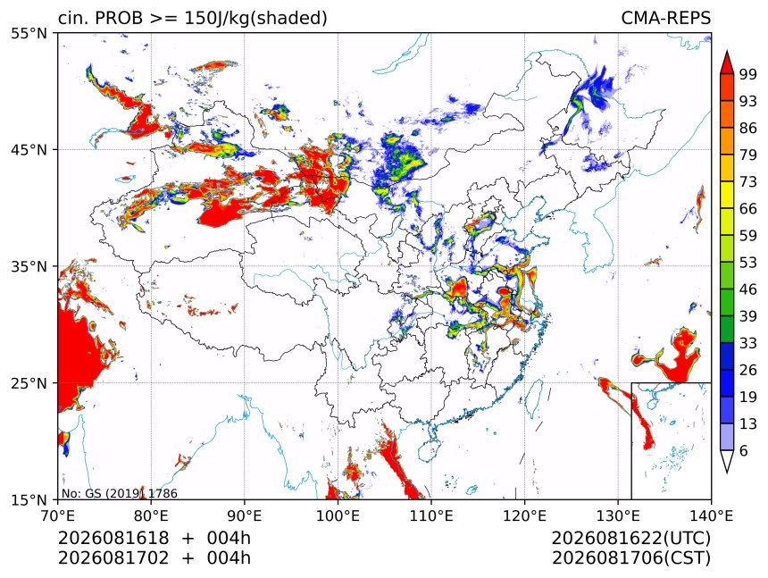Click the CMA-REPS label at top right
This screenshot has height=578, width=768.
tap(665, 18)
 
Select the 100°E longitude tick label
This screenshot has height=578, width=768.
tap(338, 515)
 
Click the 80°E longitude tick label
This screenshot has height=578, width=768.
tap(151, 515)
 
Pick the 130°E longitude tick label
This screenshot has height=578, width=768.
tap(618, 515)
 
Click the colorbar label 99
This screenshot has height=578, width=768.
tap(748, 75)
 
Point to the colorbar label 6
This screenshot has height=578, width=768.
tap(744, 450)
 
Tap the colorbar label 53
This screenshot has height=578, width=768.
tap(748, 263)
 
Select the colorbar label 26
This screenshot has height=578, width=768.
tap(748, 371)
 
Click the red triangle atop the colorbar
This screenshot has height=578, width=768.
tap(727, 63)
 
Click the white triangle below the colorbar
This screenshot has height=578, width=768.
tap(727, 462)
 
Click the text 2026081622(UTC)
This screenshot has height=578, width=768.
tap(630, 539)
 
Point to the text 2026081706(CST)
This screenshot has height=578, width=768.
tap(630, 558)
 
